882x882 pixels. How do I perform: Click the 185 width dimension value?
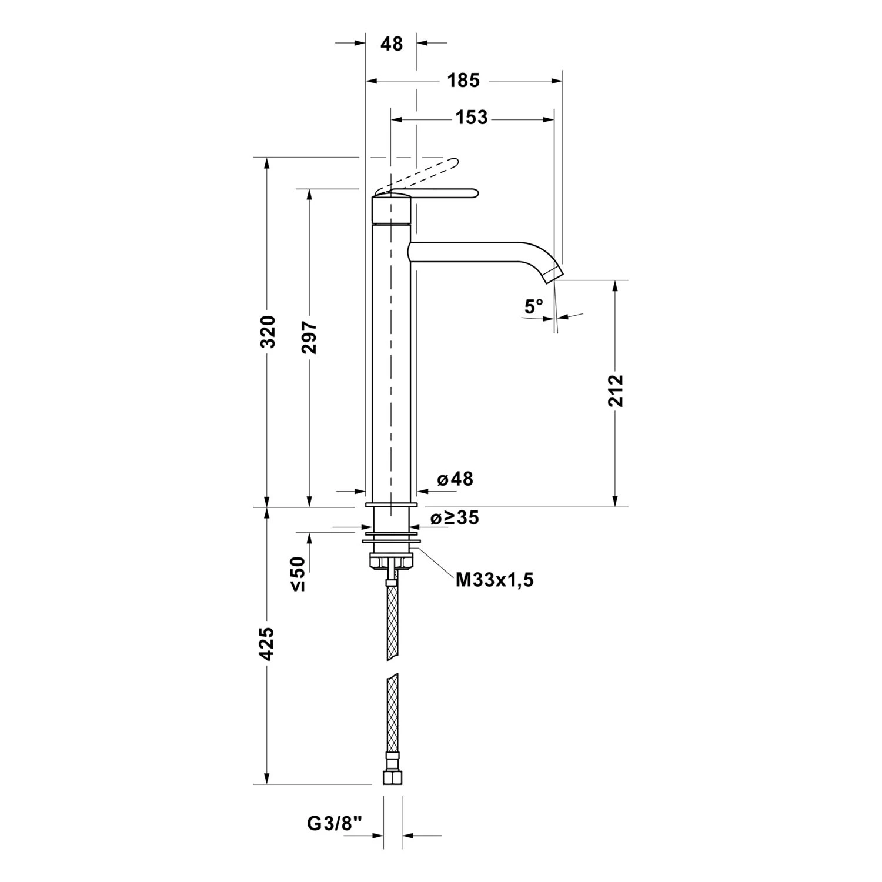click(x=463, y=81)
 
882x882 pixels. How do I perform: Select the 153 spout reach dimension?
click(x=472, y=118)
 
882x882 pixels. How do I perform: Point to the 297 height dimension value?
click(x=309, y=338)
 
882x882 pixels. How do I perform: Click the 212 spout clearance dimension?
click(x=615, y=390)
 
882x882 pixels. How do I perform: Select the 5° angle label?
click(x=534, y=306)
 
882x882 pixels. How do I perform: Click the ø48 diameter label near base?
click(x=455, y=479)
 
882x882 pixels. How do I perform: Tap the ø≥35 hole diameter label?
click(x=455, y=518)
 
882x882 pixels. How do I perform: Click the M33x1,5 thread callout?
click(x=495, y=580)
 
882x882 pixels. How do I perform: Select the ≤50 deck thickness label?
click(x=298, y=573)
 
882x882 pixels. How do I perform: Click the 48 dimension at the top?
click(x=392, y=44)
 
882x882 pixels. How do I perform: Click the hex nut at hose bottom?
click(x=391, y=777)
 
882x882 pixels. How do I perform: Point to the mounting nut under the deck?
click(x=391, y=561)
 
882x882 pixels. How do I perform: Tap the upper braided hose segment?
click(x=392, y=620)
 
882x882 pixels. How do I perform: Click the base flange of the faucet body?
click(x=391, y=505)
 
